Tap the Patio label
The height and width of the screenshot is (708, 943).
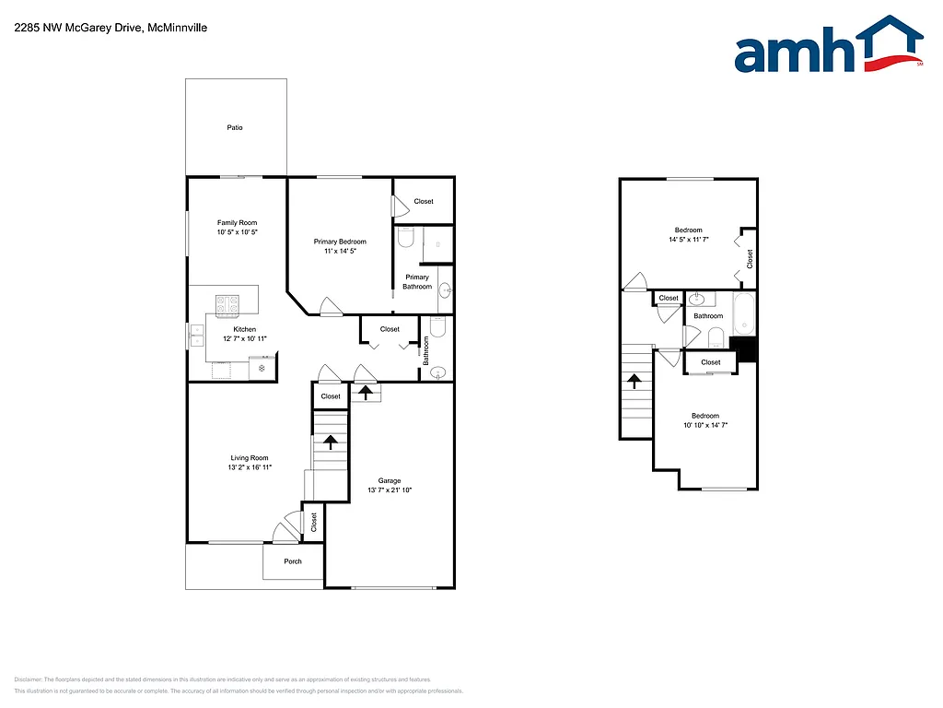tap(235, 127)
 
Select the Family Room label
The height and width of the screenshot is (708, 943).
tap(237, 222)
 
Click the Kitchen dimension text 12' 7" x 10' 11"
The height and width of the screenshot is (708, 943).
tap(245, 339)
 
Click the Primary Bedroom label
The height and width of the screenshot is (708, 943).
tap(340, 242)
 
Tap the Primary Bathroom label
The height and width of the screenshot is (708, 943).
tap(417, 281)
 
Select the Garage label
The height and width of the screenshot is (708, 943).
tap(390, 480)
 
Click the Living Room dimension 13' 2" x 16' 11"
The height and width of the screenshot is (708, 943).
tap(249, 468)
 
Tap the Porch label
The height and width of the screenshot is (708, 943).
tap(293, 561)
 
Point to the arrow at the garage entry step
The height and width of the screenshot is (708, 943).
tap(366, 393)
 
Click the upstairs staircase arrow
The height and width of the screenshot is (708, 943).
tap(634, 380)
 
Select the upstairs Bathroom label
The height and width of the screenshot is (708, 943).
tap(708, 316)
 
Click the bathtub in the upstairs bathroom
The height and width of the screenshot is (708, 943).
tap(743, 314)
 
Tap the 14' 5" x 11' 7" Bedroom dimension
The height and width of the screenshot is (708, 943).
tap(688, 240)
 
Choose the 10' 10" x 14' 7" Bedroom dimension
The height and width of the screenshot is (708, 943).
tap(705, 426)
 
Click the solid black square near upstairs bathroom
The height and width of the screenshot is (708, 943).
tap(743, 348)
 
